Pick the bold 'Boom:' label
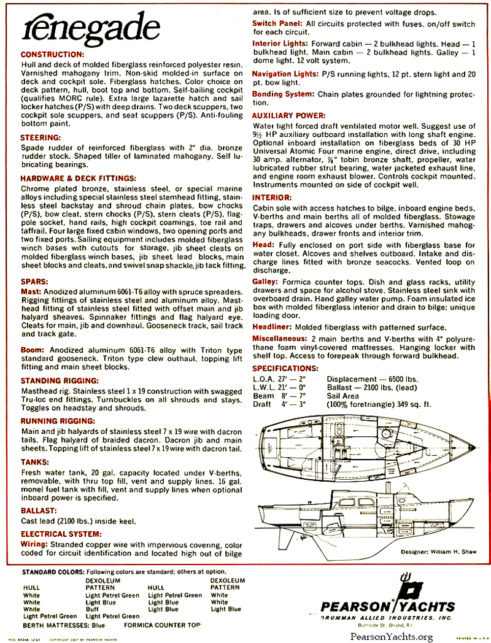[x=33, y=349]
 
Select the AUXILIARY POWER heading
[x=290, y=116]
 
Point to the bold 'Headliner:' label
[x=274, y=328]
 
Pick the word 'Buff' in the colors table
[x=94, y=609]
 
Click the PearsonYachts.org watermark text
[x=392, y=637]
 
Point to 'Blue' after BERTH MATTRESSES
[x=98, y=626]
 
